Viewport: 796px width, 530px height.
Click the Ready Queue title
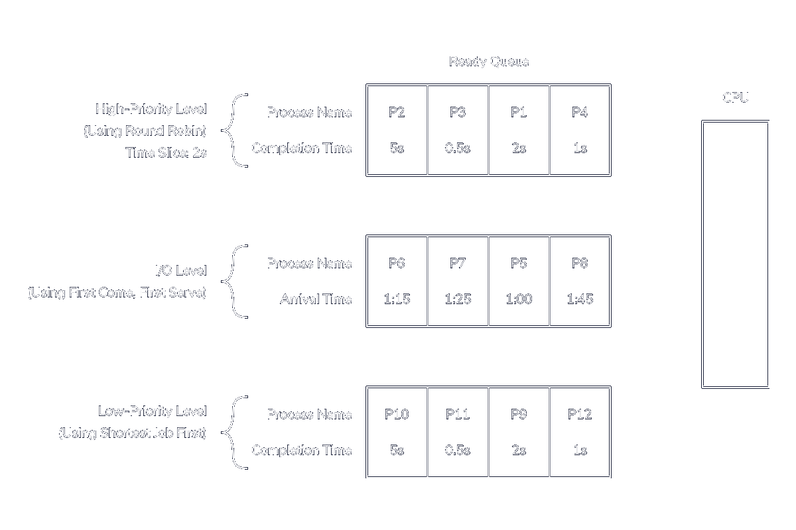489,62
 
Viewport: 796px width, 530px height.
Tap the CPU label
735,97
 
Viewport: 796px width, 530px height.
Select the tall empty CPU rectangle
735,254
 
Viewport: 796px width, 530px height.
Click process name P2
397,113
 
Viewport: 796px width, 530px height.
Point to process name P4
580,113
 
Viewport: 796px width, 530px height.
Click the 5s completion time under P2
397,148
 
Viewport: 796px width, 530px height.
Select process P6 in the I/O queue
397,264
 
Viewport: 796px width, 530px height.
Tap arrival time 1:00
519,299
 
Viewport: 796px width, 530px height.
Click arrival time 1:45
580,299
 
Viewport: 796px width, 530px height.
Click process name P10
397,415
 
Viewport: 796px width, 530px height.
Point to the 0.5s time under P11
458,450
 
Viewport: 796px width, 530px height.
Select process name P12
580,415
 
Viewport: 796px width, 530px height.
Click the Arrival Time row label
316,299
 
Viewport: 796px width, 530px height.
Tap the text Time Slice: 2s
166,153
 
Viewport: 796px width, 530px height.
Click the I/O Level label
180,271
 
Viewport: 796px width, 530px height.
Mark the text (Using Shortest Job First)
133,434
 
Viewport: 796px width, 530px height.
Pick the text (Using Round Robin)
145,131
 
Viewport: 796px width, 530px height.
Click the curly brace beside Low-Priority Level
233,433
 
